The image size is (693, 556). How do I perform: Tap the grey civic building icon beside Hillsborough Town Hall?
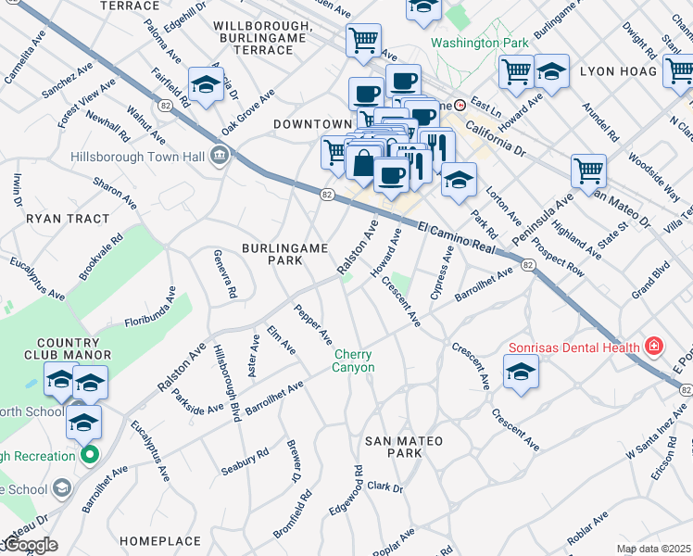[x=220, y=155]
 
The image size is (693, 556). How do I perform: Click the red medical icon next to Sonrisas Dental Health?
[x=654, y=347]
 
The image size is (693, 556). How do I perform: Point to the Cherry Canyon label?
[x=354, y=360]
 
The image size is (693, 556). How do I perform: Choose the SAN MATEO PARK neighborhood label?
[x=403, y=446]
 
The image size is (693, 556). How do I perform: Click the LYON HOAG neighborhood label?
[x=618, y=70]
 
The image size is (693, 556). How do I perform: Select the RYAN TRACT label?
[x=68, y=219]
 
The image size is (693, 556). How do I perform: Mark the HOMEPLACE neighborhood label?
[x=160, y=540]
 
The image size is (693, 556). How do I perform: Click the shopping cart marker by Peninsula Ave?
[x=588, y=171]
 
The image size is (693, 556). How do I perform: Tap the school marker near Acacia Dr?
[x=206, y=84]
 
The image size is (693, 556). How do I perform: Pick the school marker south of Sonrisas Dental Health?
[x=522, y=372]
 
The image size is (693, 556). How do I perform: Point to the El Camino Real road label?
[x=451, y=237]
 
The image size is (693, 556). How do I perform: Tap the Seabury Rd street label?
[x=245, y=461]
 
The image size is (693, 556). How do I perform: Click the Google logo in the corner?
[x=30, y=545]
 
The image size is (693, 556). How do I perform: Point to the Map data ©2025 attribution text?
[x=653, y=549]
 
